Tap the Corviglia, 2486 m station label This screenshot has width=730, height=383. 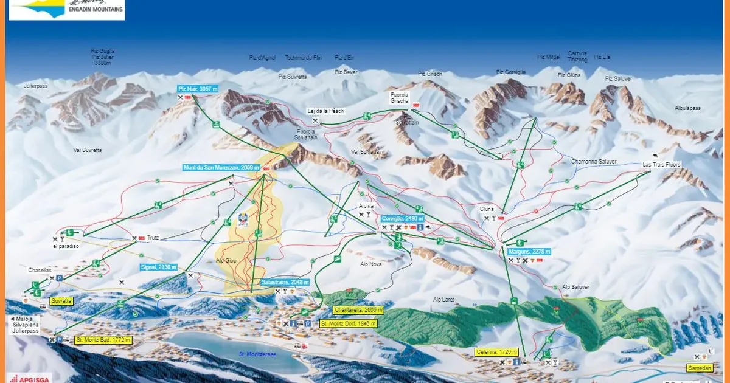(x=403, y=218)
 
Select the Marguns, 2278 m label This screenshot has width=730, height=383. (x=529, y=251)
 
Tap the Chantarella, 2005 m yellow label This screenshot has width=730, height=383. (x=358, y=309)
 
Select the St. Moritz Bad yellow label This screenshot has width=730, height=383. (x=103, y=340)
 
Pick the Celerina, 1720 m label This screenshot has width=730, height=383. (x=496, y=352)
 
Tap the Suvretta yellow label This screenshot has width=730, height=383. (x=61, y=300)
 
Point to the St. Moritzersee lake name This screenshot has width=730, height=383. (x=258, y=354)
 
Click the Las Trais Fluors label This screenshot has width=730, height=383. (x=662, y=164)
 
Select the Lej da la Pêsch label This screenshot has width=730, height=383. (x=324, y=111)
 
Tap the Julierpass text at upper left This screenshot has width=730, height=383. (x=35, y=86)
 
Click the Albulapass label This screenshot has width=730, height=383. (x=687, y=108)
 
